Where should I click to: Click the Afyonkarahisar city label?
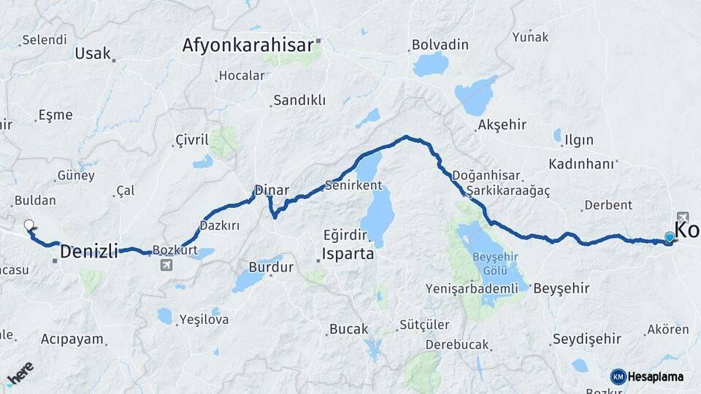(248, 45)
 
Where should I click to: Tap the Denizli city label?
(88, 252)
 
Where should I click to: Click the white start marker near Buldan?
(28, 225)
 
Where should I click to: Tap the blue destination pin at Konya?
(669, 236)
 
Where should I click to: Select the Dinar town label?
(272, 190)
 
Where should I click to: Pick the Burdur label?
(271, 267)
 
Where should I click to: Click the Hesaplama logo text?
(656, 376)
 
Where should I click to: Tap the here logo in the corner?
(20, 374)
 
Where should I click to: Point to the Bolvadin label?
(440, 45)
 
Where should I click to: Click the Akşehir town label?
(502, 125)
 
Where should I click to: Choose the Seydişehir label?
(586, 339)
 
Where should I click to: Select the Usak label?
(93, 53)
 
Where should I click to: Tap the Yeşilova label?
(204, 319)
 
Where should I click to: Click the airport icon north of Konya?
(682, 217)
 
